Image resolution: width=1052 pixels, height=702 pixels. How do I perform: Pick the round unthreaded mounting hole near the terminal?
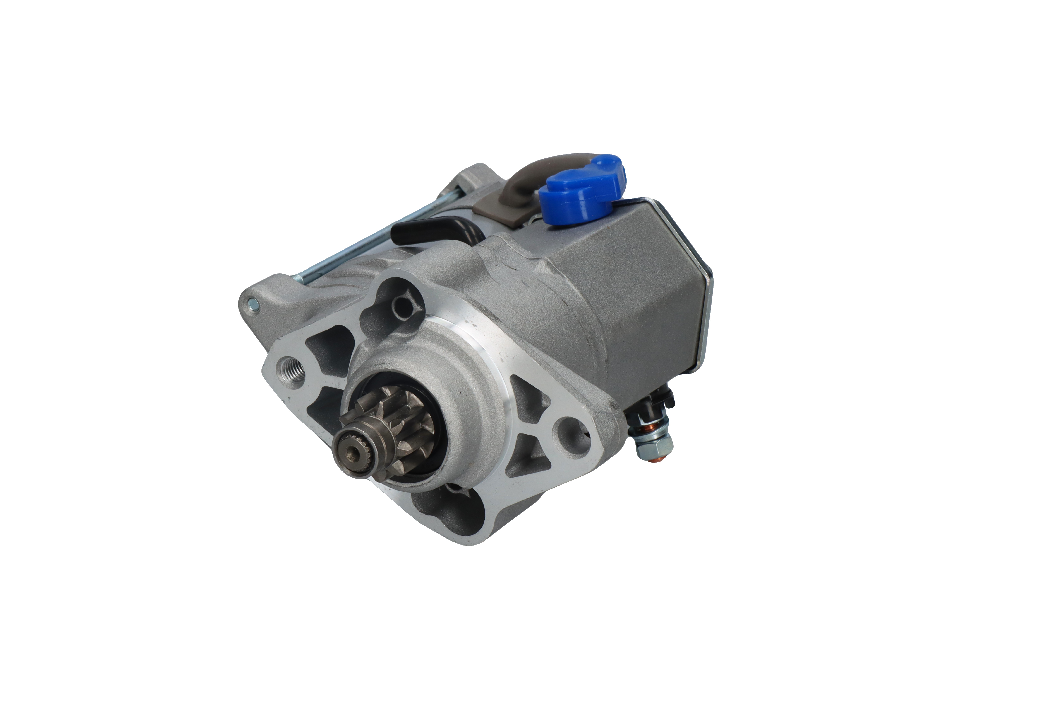567,431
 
